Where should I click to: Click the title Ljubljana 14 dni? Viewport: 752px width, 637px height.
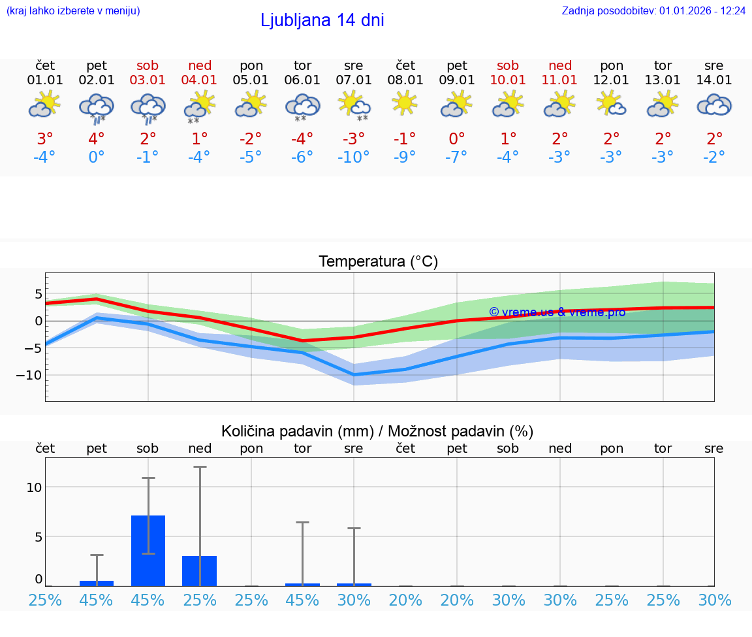click(x=322, y=20)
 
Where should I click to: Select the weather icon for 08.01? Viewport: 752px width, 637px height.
click(x=405, y=103)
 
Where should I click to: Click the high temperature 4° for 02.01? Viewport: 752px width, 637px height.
click(x=96, y=139)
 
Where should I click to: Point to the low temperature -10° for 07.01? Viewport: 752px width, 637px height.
click(x=353, y=157)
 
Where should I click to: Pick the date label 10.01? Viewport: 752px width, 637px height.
click(x=508, y=80)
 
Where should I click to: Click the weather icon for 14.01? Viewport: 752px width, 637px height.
click(x=714, y=105)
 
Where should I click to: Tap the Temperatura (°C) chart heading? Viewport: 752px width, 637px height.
click(x=378, y=262)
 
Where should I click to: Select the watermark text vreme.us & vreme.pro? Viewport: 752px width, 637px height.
click(x=557, y=312)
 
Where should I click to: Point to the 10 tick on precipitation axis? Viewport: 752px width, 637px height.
click(x=35, y=487)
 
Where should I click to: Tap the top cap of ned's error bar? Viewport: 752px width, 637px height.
click(x=200, y=466)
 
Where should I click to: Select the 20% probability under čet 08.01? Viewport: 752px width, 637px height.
click(x=405, y=600)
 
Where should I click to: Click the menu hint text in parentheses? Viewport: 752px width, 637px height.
click(x=73, y=11)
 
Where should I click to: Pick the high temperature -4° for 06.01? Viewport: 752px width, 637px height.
click(x=302, y=139)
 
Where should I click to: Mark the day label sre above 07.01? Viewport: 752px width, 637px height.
click(x=353, y=66)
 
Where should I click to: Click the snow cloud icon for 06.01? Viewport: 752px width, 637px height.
click(x=302, y=106)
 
